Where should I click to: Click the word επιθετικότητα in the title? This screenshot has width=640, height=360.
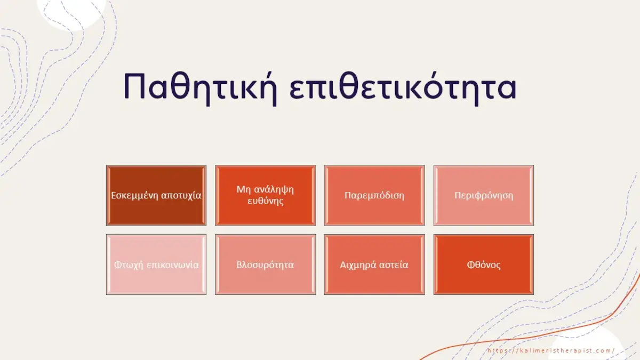tap(404, 86)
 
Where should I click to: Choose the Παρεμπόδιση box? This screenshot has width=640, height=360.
tap(374, 195)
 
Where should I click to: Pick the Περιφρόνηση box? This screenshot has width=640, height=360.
tap(484, 195)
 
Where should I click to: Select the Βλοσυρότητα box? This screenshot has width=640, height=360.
tap(265, 265)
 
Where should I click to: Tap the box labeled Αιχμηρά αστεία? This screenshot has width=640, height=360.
tap(374, 265)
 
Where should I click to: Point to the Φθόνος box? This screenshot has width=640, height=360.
tap(484, 265)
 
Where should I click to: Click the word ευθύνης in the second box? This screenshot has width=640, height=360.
tap(265, 201)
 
